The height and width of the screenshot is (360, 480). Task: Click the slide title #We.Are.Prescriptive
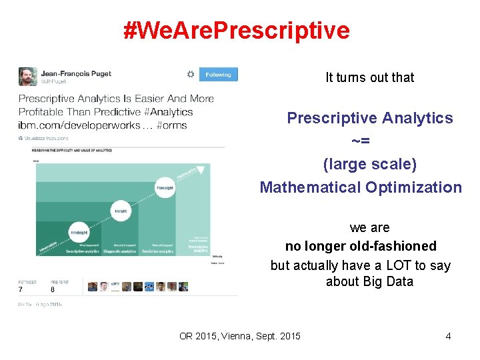[x=236, y=30]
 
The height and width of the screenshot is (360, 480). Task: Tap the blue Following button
[x=218, y=75]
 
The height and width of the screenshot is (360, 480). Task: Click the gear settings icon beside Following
[x=191, y=75]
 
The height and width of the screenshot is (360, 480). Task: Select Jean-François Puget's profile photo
[x=27, y=76]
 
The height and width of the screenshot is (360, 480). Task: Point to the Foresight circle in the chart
[x=165, y=187]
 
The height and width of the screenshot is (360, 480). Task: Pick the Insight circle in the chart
[x=120, y=211]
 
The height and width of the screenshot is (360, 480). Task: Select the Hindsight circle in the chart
[x=78, y=232]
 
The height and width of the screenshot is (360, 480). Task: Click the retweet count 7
[x=21, y=290]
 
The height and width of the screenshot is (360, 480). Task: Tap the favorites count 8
[x=53, y=290]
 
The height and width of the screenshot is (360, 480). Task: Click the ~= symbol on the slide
[x=361, y=141]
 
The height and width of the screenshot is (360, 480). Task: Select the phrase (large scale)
[x=369, y=164]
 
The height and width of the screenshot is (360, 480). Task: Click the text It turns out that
[x=369, y=77]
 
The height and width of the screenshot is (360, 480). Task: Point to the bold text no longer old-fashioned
[x=361, y=246]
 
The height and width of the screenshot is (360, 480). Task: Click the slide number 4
[x=448, y=336]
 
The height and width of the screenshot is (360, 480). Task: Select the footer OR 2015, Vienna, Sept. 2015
[x=240, y=336]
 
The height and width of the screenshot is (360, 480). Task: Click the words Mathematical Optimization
[x=361, y=187]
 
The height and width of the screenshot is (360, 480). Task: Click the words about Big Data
[x=369, y=281]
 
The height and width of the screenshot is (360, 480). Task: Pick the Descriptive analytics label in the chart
[x=82, y=251]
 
